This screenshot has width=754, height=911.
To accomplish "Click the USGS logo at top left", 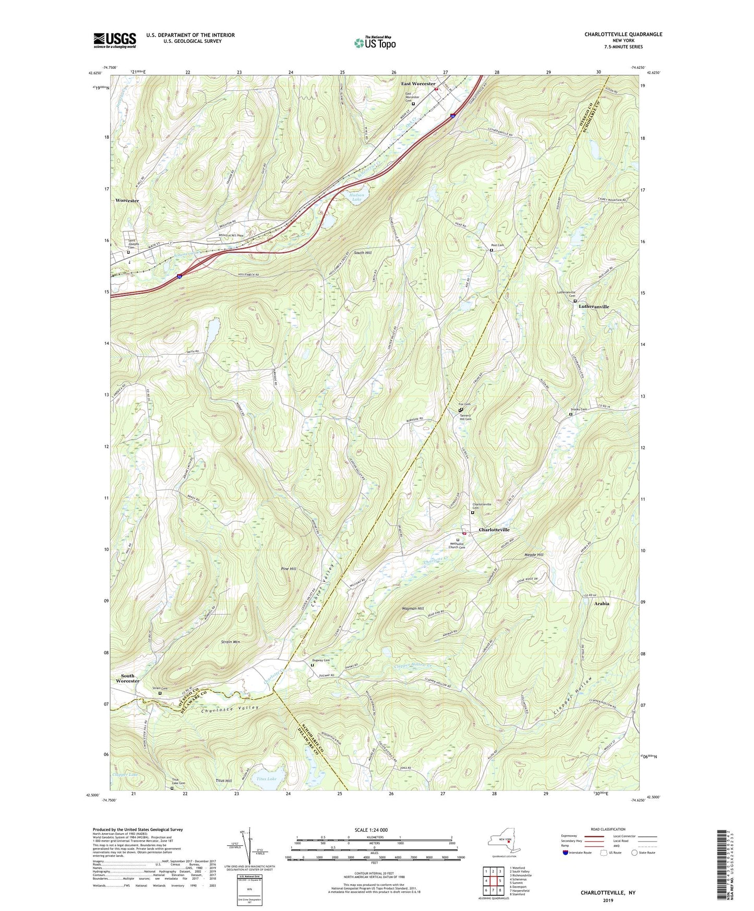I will pyautogui.click(x=115, y=40).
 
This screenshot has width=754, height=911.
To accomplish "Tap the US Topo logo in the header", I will pyautogui.click(x=374, y=43).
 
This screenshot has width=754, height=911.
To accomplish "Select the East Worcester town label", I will pyautogui.click(x=418, y=83).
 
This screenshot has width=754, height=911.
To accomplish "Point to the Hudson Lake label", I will pyautogui.click(x=356, y=197).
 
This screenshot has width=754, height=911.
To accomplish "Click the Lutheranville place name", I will pyautogui.click(x=594, y=307).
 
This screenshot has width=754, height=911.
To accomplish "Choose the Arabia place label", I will pyautogui.click(x=602, y=604).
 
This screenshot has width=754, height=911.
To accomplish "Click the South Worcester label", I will pyautogui.click(x=128, y=678).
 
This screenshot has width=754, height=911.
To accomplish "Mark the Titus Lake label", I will pyautogui.click(x=267, y=779).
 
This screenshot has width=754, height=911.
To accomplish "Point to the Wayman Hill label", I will pyautogui.click(x=413, y=608).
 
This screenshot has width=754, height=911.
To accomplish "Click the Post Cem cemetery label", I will pyautogui.click(x=497, y=245).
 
